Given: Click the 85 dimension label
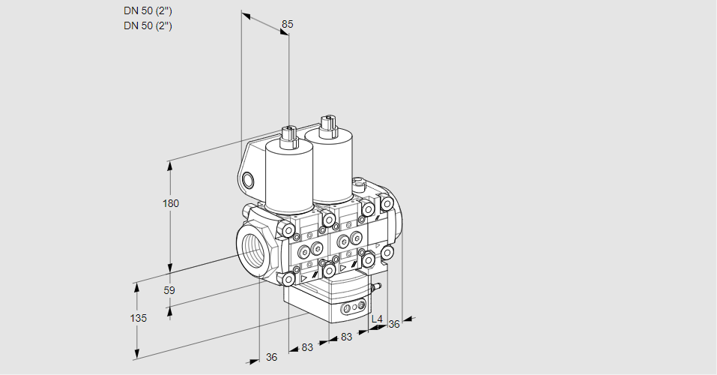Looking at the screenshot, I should point(287,24).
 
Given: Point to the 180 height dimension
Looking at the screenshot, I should point(172,203).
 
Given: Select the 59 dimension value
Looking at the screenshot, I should point(169,290).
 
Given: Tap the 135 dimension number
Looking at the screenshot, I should point(138,317).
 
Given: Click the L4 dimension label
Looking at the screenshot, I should point(377,319).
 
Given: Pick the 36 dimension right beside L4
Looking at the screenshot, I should point(394,324).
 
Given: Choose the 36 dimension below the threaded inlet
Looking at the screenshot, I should point(271,357).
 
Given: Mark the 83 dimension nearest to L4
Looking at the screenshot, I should point(347,337).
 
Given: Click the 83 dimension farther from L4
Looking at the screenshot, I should point(306,347).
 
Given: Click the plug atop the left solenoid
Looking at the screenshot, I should point(288,136).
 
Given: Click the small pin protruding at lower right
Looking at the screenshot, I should point(378,286).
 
